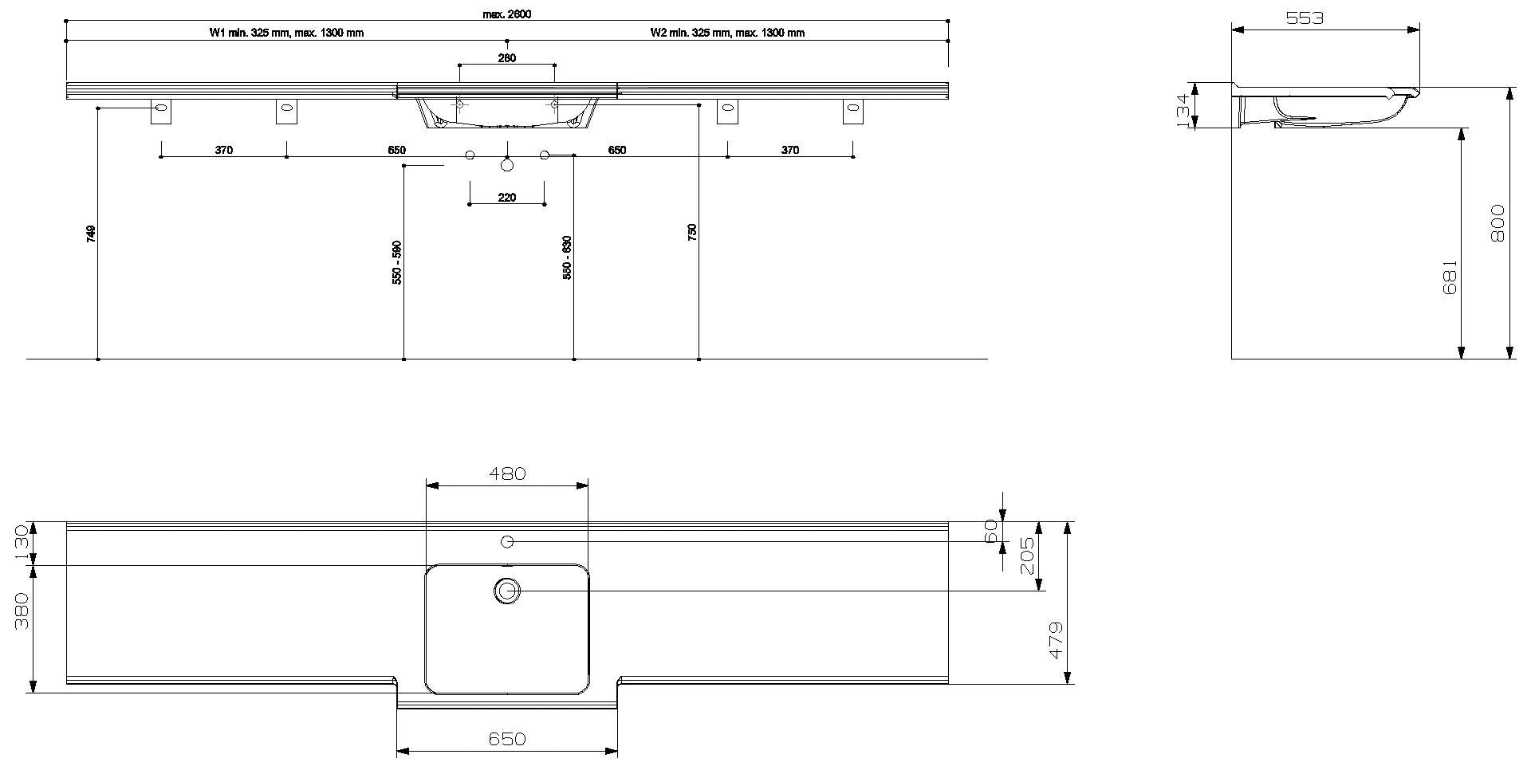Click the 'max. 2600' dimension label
(x=506, y=14)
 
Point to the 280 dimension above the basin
(x=506, y=58)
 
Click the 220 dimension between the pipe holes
(x=506, y=198)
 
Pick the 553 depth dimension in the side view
(x=1305, y=18)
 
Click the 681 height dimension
(x=1450, y=277)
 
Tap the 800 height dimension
(x=1496, y=224)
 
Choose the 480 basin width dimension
(x=507, y=473)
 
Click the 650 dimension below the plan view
(x=507, y=739)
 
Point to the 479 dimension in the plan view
(x=1055, y=640)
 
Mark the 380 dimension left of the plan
(x=22, y=611)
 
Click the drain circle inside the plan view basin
(x=507, y=591)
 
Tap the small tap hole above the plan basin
(x=507, y=542)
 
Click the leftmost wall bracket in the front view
(x=161, y=112)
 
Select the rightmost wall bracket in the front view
(x=853, y=112)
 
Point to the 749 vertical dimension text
(x=91, y=234)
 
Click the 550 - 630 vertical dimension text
(x=567, y=257)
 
